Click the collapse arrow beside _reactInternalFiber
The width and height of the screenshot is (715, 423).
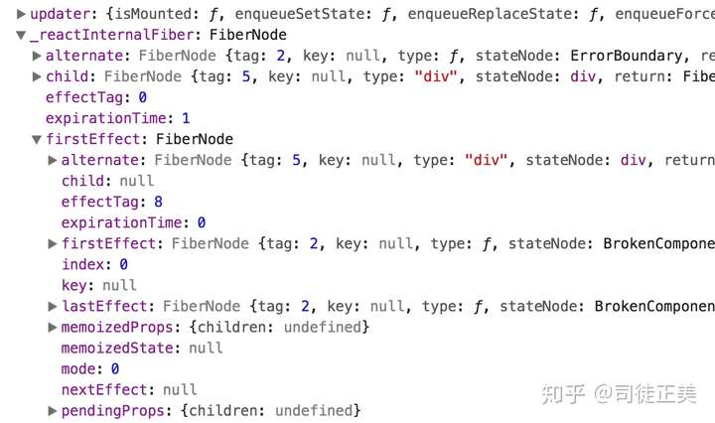pos(21,35)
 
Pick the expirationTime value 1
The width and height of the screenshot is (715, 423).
pos(185,118)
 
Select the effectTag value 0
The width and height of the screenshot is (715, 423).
pos(142,97)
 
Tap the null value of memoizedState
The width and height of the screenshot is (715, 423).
pos(206,348)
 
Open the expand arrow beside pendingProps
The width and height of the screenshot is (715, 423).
pos(53,410)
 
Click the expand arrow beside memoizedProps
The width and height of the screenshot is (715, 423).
pos(53,327)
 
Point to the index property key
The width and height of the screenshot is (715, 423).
pos(84,264)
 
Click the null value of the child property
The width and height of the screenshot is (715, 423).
pos(136,181)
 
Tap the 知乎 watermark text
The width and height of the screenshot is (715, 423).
pos(560,394)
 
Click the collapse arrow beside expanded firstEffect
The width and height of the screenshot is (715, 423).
pos(37,140)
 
